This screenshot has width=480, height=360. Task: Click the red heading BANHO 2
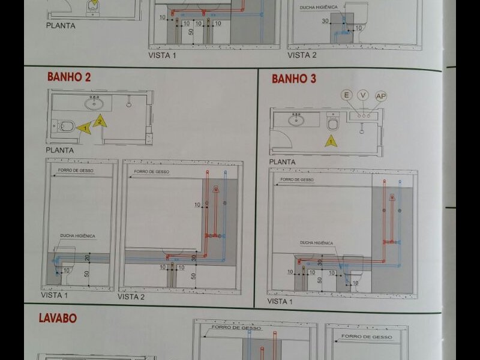click(x=68, y=77)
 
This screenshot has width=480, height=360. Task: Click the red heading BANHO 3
click(x=293, y=79)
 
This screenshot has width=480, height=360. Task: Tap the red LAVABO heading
click(x=58, y=318)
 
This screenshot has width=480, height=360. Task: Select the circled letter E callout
click(x=346, y=95)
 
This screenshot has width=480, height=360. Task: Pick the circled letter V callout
click(x=362, y=95)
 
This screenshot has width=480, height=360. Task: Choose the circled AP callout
click(x=380, y=96)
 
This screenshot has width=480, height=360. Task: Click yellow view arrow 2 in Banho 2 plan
click(x=100, y=121)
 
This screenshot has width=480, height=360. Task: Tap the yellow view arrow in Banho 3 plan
click(x=329, y=142)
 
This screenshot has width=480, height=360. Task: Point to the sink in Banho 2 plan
click(x=94, y=103)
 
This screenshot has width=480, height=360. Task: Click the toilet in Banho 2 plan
click(x=66, y=126)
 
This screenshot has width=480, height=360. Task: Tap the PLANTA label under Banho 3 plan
click(x=281, y=162)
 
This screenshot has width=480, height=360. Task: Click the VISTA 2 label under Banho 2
click(x=131, y=296)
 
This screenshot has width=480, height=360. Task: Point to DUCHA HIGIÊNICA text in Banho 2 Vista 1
click(x=77, y=236)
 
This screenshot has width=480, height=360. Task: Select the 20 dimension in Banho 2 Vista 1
click(x=88, y=257)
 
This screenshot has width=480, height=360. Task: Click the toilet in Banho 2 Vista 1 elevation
click(x=64, y=257)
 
